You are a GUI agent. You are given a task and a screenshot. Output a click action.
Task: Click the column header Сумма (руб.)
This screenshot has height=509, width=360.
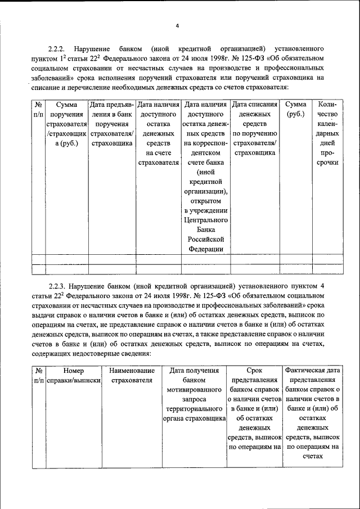click(x=296, y=109)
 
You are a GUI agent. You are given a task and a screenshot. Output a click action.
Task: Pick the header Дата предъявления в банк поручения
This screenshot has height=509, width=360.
click(x=111, y=124)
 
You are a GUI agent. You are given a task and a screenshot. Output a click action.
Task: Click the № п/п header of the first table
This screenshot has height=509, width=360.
click(x=38, y=109)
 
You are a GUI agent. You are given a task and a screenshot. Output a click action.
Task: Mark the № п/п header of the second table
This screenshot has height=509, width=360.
click(x=38, y=376)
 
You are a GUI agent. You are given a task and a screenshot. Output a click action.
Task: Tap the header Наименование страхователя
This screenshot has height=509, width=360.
click(x=132, y=376)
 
